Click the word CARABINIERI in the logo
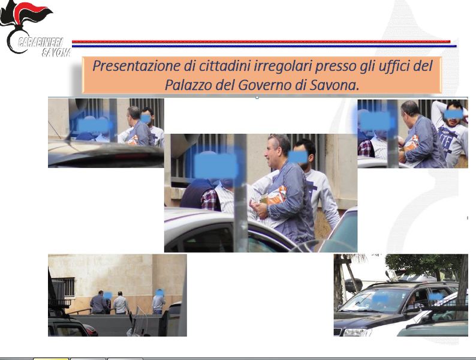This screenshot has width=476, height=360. coord(40,42)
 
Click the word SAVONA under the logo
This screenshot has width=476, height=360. coord(56,52)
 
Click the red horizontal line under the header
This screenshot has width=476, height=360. coord(261,41)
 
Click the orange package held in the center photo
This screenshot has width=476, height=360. coord(273,196)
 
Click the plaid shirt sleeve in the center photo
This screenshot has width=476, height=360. coord(210,200)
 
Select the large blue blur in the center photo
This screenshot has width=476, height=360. coord(216,166)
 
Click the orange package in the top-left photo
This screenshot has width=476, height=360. coord(132,140)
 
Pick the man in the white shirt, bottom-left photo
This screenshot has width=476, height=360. coord(121,302)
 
